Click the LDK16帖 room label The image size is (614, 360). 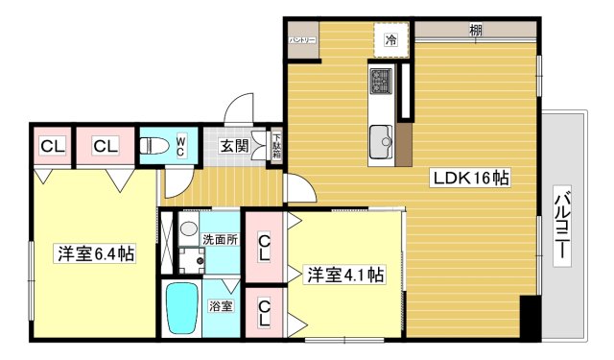coord(470,178)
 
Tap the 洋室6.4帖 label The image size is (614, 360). coord(94,253)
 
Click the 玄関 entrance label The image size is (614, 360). coord(233,146)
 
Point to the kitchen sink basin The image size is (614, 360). coord(381,137)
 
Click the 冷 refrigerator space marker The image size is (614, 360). coord(390,40)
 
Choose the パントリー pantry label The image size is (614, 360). coord(302,39)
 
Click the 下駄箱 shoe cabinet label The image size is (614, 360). coord(275,147)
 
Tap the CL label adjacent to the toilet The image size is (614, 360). coord(106,146)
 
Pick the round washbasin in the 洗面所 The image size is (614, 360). coord(188,229)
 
